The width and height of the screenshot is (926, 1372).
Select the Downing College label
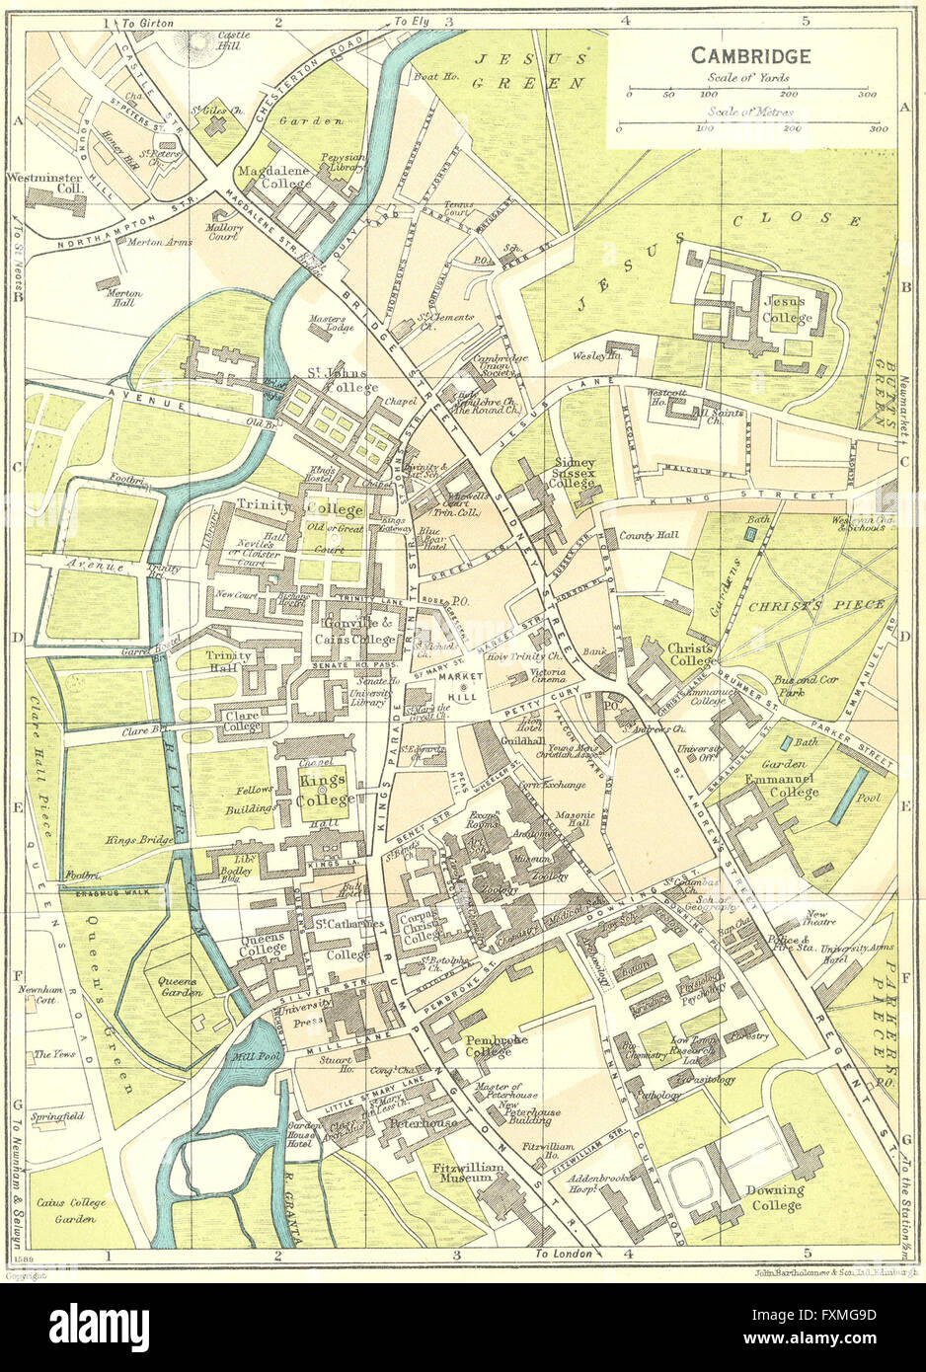pos(773,1197)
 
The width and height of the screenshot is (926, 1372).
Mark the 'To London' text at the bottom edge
pos(564,1254)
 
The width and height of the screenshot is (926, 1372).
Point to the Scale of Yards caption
pos(747,78)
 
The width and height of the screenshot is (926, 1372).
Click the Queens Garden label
pos(179,987)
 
